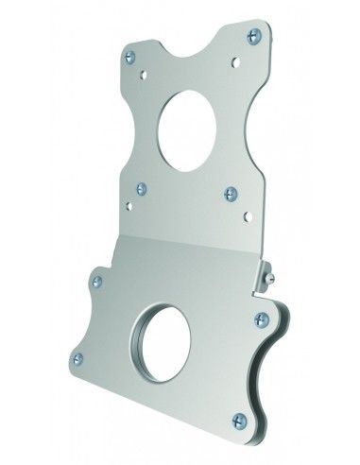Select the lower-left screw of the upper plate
[x=141, y=188]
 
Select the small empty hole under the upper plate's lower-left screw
[x=129, y=201]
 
